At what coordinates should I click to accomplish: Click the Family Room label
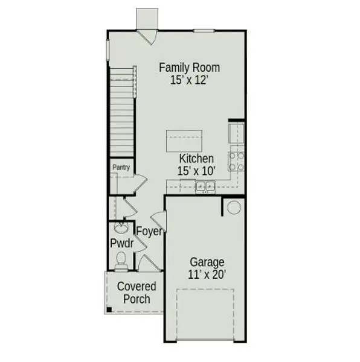click(x=189, y=68)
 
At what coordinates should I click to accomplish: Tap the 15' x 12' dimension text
click(x=189, y=80)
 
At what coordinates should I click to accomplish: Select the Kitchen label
click(x=196, y=159)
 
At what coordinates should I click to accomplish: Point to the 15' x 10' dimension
click(x=196, y=171)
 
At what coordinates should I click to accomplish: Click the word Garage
click(x=207, y=262)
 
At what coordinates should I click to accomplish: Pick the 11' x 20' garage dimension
click(x=207, y=275)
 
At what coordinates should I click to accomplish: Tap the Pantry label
click(x=121, y=167)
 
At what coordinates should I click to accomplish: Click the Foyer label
click(x=150, y=232)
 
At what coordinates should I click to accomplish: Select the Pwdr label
click(x=122, y=243)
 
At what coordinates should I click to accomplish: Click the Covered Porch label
click(x=137, y=293)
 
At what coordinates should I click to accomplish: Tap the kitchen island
click(x=184, y=141)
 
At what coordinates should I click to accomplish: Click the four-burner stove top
click(x=236, y=161)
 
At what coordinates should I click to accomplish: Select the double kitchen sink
click(x=205, y=186)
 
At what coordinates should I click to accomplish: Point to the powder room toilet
click(x=121, y=262)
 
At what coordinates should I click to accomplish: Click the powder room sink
click(x=121, y=227)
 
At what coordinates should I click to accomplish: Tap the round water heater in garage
click(x=234, y=207)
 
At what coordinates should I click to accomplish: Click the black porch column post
click(x=109, y=310)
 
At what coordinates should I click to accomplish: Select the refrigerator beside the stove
click(x=236, y=133)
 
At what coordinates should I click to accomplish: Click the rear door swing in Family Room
click(x=147, y=37)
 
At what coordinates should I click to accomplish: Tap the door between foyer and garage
click(x=159, y=222)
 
